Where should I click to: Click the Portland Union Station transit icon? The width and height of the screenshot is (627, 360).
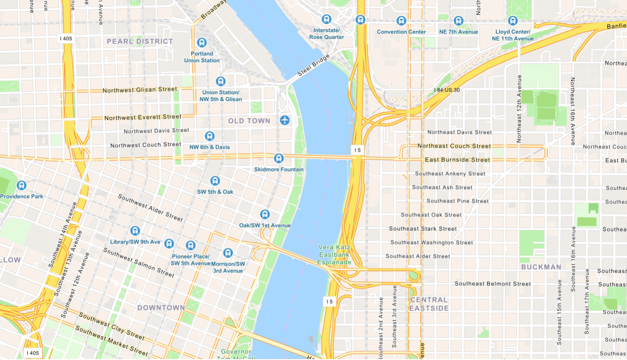tap(202, 43)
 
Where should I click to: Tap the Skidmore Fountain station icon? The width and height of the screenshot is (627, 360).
tap(278, 158)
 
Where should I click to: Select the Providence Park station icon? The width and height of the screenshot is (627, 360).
tap(21, 185)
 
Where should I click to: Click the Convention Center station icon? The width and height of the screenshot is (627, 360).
tap(401, 21)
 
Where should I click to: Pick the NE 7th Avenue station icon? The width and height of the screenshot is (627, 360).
tap(458, 21)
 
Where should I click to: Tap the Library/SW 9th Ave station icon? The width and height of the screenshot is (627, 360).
tap(135, 231)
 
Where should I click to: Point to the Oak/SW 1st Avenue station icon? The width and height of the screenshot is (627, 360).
tap(265, 214)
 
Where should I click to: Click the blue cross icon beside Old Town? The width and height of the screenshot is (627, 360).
tap(285, 120)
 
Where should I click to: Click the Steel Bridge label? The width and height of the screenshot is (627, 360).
tap(313, 65)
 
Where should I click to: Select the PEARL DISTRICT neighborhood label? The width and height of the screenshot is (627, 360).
tap(140, 42)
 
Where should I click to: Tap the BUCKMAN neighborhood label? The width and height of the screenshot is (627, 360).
tap(541, 267)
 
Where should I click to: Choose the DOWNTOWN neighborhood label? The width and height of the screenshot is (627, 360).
tap(161, 308)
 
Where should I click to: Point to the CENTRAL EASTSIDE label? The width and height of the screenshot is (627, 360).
tap(429, 304)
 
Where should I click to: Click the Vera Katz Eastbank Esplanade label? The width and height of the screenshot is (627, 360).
tap(334, 255)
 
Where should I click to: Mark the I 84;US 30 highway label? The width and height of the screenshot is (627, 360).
tap(447, 90)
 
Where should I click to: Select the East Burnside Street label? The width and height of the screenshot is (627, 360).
tap(457, 160)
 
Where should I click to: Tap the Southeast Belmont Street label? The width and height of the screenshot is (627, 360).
tap(492, 284)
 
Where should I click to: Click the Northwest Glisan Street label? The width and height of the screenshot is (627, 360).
tap(139, 90)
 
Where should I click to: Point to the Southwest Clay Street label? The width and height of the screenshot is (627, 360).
tap(111, 326)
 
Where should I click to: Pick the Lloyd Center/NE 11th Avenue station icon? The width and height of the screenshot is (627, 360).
tap(513, 21)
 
